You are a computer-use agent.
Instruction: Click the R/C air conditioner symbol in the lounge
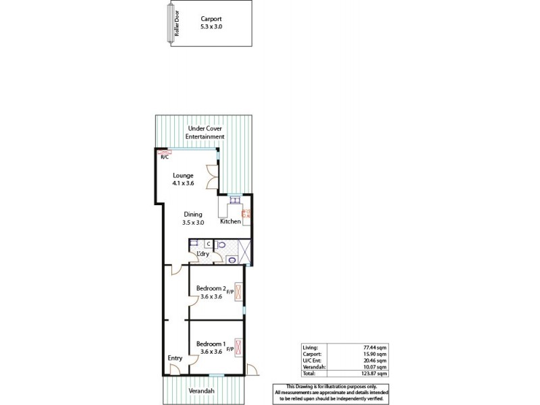tap(164, 153)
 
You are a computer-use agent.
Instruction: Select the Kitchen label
tap(230, 221)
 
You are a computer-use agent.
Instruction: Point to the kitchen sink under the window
tap(234, 200)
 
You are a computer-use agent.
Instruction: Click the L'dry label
tap(202, 254)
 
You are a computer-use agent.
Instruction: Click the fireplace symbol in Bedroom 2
tap(238, 292)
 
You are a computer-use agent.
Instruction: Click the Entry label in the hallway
tap(175, 358)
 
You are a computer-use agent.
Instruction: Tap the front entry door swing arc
tap(175, 369)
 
